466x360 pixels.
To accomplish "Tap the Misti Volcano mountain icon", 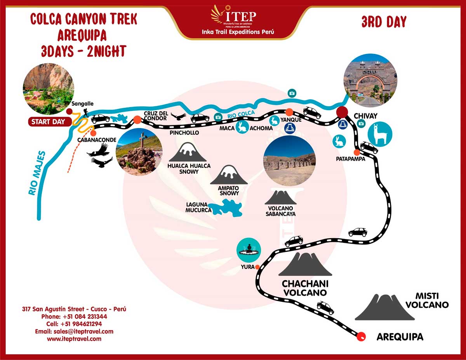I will (x=385, y=308).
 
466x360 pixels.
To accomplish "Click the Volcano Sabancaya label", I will (x=280, y=211).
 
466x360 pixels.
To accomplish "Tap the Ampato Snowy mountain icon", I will (x=229, y=175).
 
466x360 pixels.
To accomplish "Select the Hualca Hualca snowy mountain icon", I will (x=187, y=152).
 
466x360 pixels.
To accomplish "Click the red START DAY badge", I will (x=49, y=122).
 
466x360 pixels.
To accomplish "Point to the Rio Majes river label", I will (x=37, y=173).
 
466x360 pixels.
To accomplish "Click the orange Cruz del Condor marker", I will (x=137, y=120).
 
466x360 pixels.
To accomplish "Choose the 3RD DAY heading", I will (x=384, y=22).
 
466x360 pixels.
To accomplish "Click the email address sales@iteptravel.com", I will (x=74, y=331).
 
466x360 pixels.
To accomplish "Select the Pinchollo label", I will (x=184, y=133).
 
